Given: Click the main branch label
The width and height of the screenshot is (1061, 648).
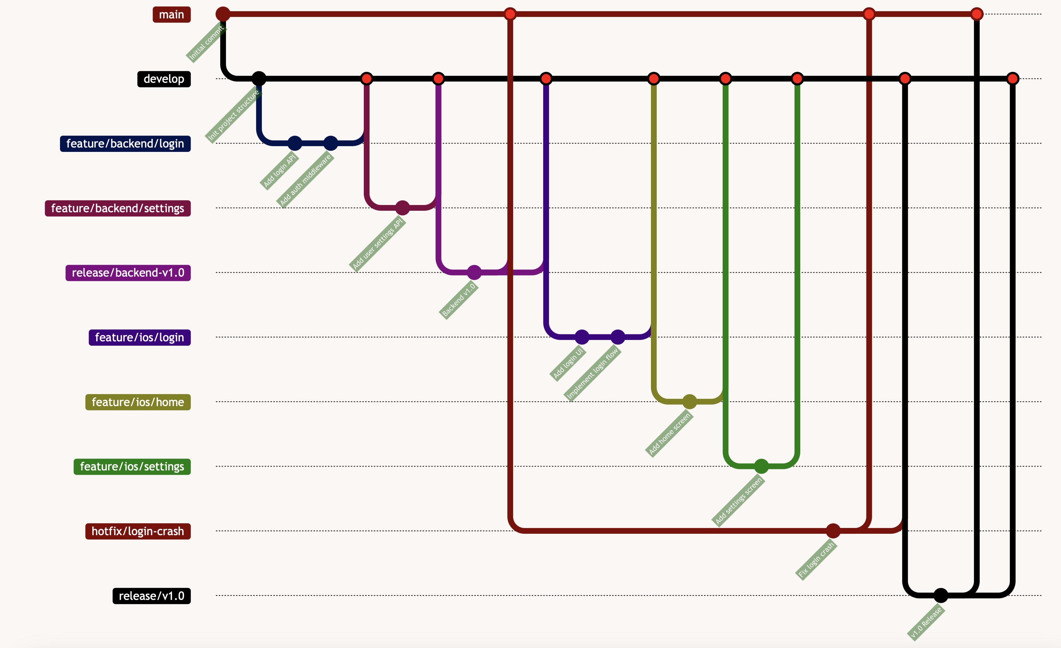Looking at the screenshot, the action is [171, 14].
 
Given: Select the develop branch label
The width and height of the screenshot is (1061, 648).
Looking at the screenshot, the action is [163, 79].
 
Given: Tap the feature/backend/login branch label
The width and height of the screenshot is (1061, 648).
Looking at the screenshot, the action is [125, 144].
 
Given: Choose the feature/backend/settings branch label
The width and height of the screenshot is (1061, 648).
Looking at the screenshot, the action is [118, 208].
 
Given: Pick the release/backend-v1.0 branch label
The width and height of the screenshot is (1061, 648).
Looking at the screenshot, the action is [128, 273].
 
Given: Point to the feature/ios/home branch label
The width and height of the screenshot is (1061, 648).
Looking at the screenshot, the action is [138, 402].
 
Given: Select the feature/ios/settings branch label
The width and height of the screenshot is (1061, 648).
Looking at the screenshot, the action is [132, 467].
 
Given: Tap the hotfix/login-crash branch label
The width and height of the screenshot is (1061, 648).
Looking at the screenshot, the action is [138, 531].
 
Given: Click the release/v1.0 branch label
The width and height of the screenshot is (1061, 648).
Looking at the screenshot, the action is [151, 596].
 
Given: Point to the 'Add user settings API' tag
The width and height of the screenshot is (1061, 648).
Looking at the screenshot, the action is [377, 244].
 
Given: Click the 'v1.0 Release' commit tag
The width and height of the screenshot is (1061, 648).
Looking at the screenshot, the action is [926, 623].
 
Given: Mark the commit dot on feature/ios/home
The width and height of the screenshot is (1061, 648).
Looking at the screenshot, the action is [689, 402].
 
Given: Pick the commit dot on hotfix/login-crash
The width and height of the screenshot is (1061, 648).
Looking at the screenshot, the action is [833, 531].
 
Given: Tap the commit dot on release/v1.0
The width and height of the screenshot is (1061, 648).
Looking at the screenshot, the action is [941, 596].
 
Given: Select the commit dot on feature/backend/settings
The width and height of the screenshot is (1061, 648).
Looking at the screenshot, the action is [402, 208].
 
